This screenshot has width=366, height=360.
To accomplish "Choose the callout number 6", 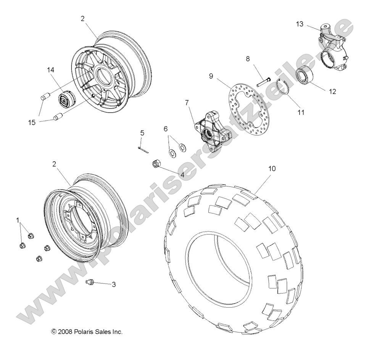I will (166, 129).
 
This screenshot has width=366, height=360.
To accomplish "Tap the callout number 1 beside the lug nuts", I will (18, 220).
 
